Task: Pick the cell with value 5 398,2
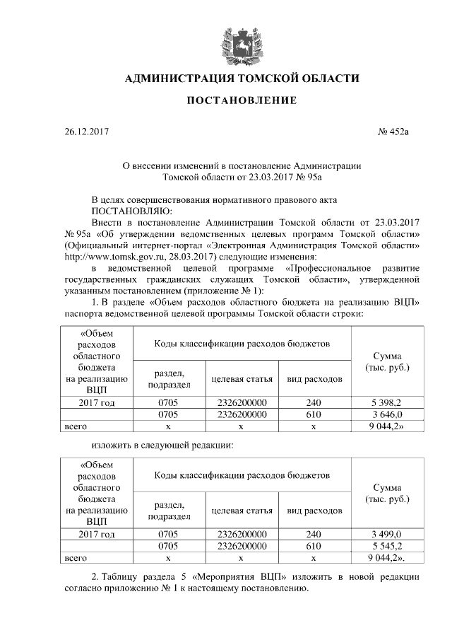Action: tap(386, 402)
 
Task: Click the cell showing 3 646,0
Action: tap(386, 414)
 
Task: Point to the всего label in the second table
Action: tap(76, 558)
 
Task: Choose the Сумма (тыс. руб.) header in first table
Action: tap(386, 362)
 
